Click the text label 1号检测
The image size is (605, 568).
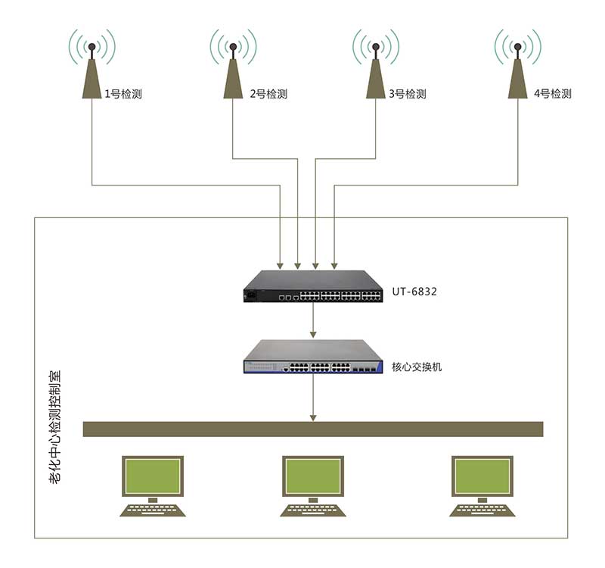point(123,95)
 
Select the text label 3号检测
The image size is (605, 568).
point(408,95)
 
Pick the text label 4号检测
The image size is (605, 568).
point(552,94)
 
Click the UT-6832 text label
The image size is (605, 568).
point(414,291)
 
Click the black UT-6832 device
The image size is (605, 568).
point(312,287)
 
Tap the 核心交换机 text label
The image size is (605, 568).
point(417,367)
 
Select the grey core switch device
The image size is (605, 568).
point(312,357)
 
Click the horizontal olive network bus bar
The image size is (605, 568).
point(312,429)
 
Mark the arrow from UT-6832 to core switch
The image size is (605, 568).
point(313,322)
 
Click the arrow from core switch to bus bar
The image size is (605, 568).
point(313,398)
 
